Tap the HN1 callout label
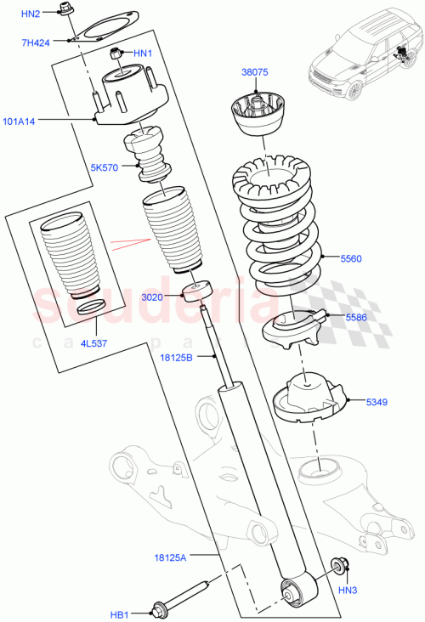(x=142, y=54)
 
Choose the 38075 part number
(x=254, y=73)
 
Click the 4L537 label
(x=93, y=344)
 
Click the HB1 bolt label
(x=120, y=613)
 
